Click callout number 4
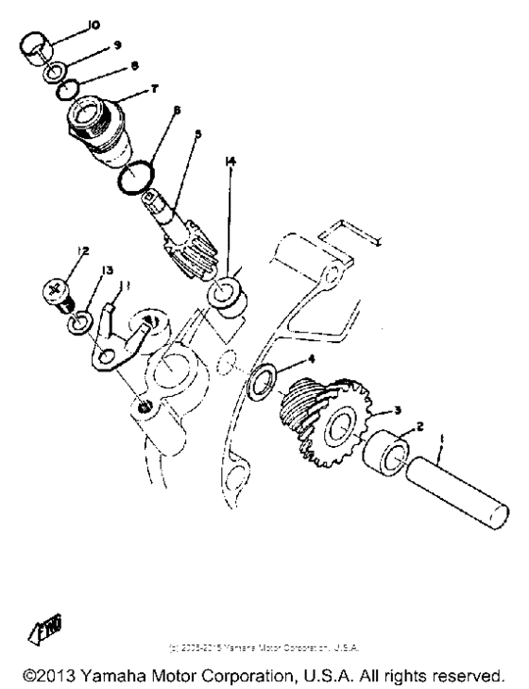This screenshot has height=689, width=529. (311, 360)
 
